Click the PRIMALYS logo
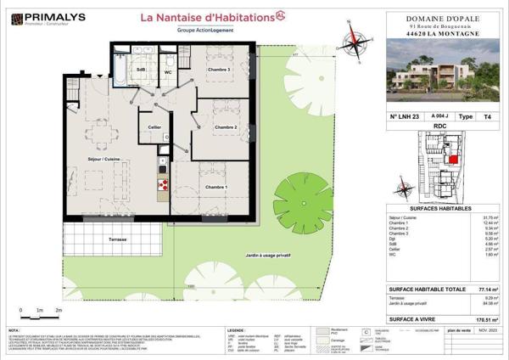coord(42,18)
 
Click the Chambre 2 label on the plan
coord(224,128)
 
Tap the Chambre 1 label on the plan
coord(214,187)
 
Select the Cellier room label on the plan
coord(154,127)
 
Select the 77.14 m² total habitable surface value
coord(487,290)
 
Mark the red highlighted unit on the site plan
coord(453,158)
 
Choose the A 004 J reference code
coord(439,116)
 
